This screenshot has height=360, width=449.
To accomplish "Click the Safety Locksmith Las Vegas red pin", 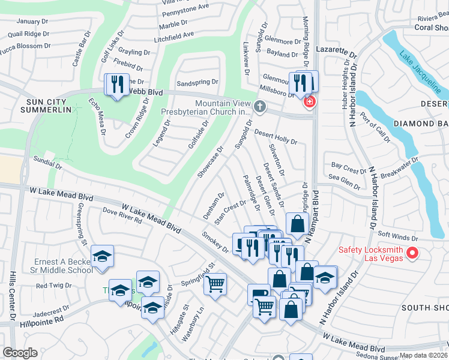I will coord(412,254).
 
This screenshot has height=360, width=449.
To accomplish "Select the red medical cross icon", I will coord(309,102).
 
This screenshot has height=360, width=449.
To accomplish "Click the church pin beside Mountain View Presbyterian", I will coord(259,107).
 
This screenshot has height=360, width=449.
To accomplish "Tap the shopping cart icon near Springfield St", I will coord(215,284).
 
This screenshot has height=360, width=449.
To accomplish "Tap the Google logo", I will coord(20,352).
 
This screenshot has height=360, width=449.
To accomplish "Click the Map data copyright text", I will coord(423,355).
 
